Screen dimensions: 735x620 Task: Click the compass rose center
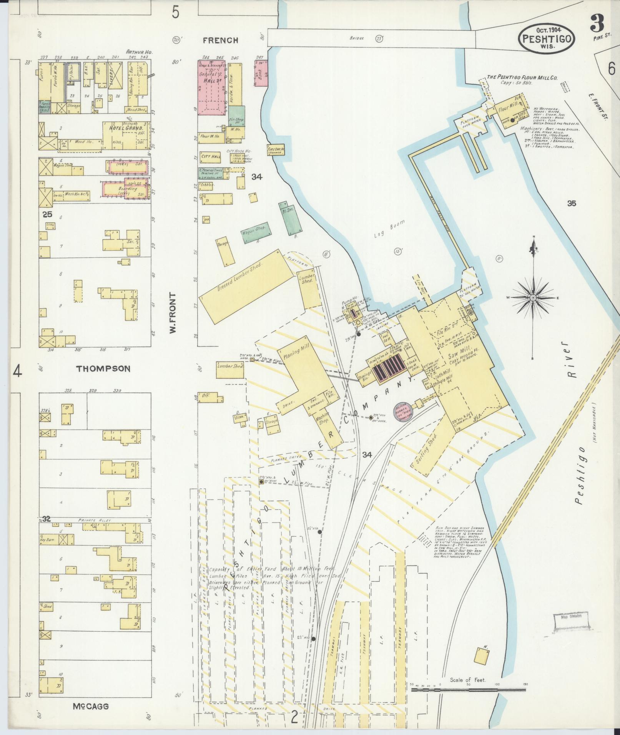tap(534, 298)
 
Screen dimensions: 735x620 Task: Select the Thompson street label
tap(103, 369)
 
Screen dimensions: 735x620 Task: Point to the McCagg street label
tap(90, 706)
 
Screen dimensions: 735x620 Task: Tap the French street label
tap(220, 40)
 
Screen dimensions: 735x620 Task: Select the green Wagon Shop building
tap(255, 232)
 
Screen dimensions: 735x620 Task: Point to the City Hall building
tap(211, 156)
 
